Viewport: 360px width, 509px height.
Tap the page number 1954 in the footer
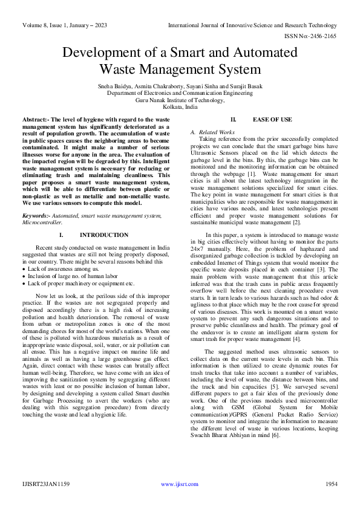[332, 484]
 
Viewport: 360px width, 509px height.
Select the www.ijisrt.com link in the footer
[180, 484]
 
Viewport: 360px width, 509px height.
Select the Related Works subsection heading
[216, 132]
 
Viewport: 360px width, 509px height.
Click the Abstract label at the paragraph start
[38, 120]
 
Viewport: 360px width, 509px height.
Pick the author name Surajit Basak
[245, 86]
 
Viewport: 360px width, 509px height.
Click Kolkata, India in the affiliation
[179, 107]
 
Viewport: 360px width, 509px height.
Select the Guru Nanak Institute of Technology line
[179, 100]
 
